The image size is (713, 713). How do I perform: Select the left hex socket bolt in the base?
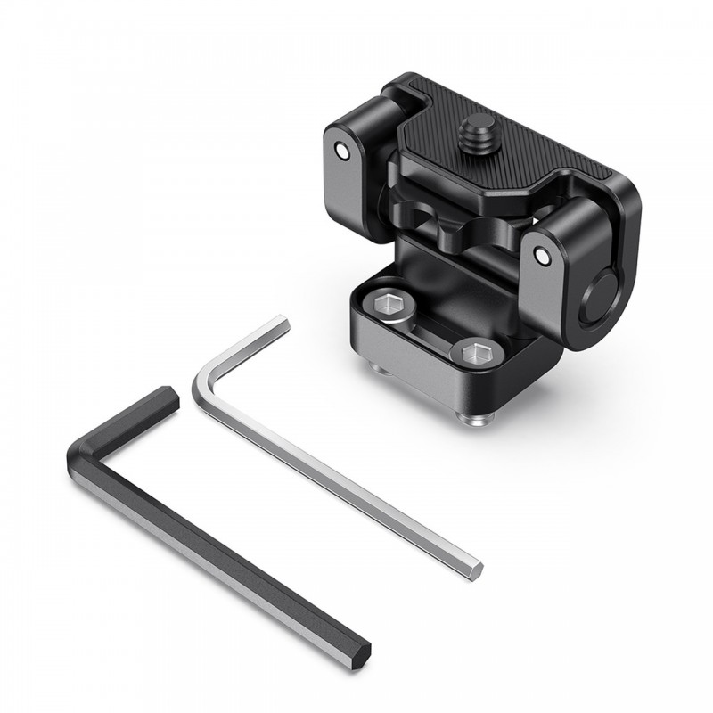(x=394, y=307)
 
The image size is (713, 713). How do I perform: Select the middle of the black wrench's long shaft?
(x=223, y=553)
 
